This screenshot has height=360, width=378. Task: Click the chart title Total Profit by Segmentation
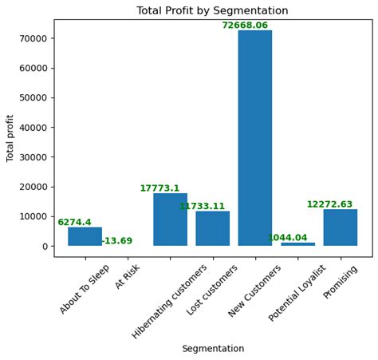tap(212, 11)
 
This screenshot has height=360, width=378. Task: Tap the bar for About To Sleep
tap(85, 236)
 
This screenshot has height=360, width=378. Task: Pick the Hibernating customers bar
tap(170, 220)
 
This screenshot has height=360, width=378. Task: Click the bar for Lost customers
tap(213, 228)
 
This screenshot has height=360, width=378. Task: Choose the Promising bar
tap(341, 227)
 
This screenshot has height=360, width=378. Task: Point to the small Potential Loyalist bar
tap(297, 243)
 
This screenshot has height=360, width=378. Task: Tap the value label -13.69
tap(116, 241)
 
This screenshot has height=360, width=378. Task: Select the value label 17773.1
tap(159, 188)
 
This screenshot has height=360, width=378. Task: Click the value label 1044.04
tap(287, 238)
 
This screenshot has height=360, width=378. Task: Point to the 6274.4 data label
tap(74, 223)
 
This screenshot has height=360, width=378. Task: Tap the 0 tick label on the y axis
tap(45, 246)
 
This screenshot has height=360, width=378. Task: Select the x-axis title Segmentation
tap(213, 349)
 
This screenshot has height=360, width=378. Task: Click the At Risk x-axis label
tap(128, 276)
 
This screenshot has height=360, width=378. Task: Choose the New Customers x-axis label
tap(250, 292)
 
